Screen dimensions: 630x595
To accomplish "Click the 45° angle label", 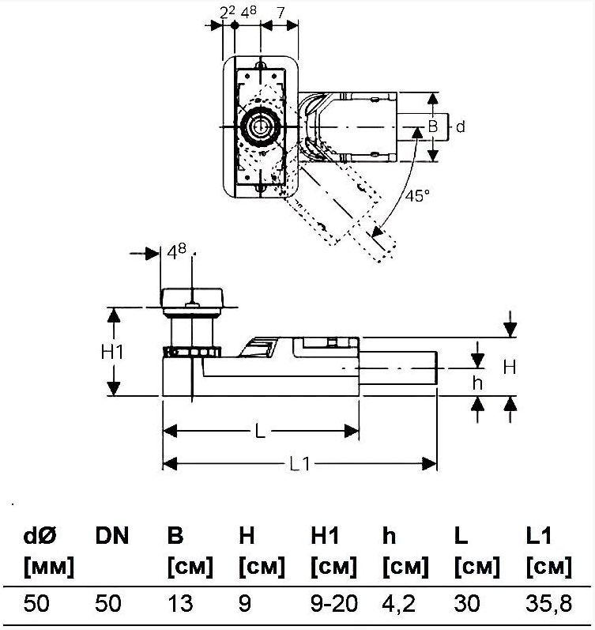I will pyautogui.click(x=416, y=196).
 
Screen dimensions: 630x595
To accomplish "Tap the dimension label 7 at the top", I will pyautogui.click(x=281, y=11).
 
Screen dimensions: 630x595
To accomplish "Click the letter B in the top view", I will pyautogui.click(x=433, y=126).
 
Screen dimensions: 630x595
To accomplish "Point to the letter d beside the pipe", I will pyautogui.click(x=461, y=126).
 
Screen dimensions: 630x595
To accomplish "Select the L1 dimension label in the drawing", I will pyautogui.click(x=299, y=464).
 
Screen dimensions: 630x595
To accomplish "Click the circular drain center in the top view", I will pyautogui.click(x=258, y=126).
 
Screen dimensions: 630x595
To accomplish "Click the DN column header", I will pyautogui.click(x=112, y=536).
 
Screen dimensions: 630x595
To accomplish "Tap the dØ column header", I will pyautogui.click(x=40, y=536).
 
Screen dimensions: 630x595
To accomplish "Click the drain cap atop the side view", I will pyautogui.click(x=194, y=299).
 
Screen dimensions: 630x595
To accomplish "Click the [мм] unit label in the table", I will pyautogui.click(x=49, y=567).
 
